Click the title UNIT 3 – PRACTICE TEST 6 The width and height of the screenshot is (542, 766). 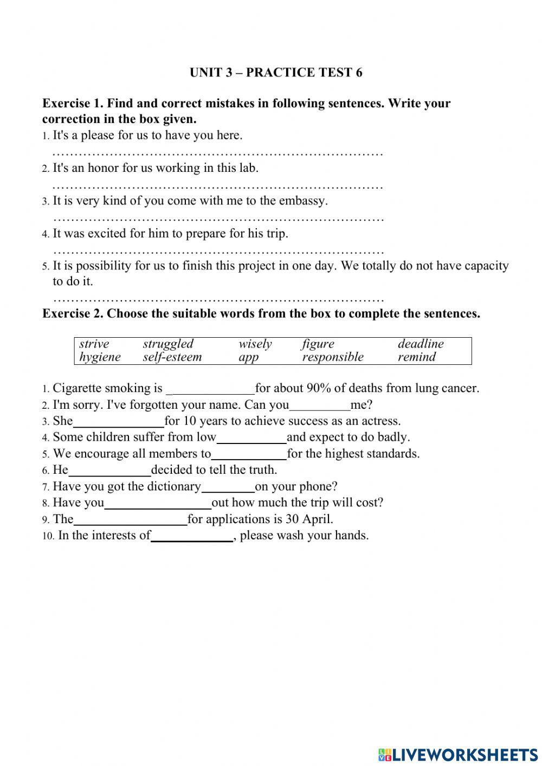(x=276, y=73)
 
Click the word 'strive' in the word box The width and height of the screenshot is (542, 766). (x=94, y=344)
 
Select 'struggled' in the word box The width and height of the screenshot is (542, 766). (x=168, y=344)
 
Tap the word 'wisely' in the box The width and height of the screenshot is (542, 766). (x=255, y=344)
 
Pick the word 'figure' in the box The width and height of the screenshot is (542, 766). (x=318, y=344)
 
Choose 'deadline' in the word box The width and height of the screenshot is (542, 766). (x=421, y=344)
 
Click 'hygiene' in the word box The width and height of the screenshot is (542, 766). (x=100, y=357)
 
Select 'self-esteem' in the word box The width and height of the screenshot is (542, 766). (x=172, y=357)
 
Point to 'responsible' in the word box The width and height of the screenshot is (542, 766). (x=333, y=357)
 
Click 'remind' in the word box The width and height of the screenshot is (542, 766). (x=416, y=357)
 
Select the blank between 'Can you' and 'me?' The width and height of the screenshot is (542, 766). (x=320, y=405)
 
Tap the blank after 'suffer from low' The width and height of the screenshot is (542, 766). (x=251, y=438)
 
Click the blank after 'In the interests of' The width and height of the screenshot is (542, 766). (x=192, y=536)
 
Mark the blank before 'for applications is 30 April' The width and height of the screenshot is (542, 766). (x=130, y=520)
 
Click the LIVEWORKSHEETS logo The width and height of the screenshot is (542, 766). (x=458, y=754)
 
